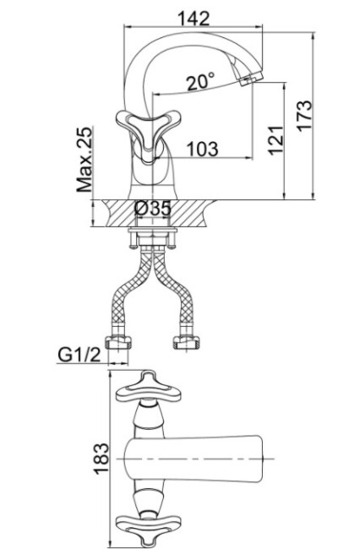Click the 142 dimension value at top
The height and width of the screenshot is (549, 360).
(194, 19)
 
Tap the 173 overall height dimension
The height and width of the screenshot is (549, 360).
(304, 116)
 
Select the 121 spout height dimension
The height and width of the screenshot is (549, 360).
(276, 140)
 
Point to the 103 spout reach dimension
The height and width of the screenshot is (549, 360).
(203, 149)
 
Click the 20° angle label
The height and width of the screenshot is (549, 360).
(200, 82)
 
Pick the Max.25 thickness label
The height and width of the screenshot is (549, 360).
(85, 160)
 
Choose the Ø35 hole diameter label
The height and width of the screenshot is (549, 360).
(153, 209)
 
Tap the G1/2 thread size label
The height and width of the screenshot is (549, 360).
(79, 355)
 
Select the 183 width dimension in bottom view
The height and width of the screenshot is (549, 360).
(101, 459)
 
